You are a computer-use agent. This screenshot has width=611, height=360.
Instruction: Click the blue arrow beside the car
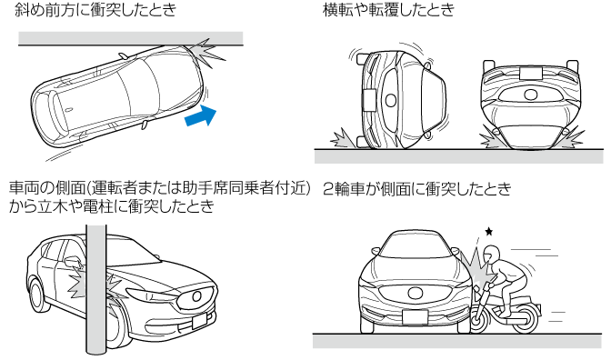point(201,116)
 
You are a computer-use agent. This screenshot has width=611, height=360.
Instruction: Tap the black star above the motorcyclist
point(488,232)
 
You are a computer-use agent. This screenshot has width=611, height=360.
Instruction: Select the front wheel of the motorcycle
point(479,318)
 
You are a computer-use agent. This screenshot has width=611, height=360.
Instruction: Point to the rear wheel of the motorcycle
point(526,319)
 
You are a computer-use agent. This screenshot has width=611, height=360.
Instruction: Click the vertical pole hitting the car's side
point(95,288)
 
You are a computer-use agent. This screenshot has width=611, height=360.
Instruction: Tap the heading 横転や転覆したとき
point(388,9)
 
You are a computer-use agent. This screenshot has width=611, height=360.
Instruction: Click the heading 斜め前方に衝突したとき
point(95,9)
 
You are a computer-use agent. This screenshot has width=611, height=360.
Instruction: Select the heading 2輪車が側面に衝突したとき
point(417,188)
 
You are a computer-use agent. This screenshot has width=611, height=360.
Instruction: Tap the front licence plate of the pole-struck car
point(199,321)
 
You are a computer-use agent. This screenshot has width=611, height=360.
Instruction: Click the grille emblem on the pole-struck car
point(196,296)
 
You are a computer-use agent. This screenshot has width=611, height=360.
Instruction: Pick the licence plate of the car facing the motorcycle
point(415,317)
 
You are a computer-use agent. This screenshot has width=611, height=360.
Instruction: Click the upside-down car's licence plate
point(530,73)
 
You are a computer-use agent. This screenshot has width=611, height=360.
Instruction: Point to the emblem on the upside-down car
point(530,95)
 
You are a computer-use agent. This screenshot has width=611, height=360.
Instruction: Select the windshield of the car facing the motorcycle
point(415,246)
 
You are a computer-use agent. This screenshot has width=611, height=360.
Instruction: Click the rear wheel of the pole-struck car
point(36,295)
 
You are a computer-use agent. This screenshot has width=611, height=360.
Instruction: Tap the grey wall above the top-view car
point(131,38)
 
